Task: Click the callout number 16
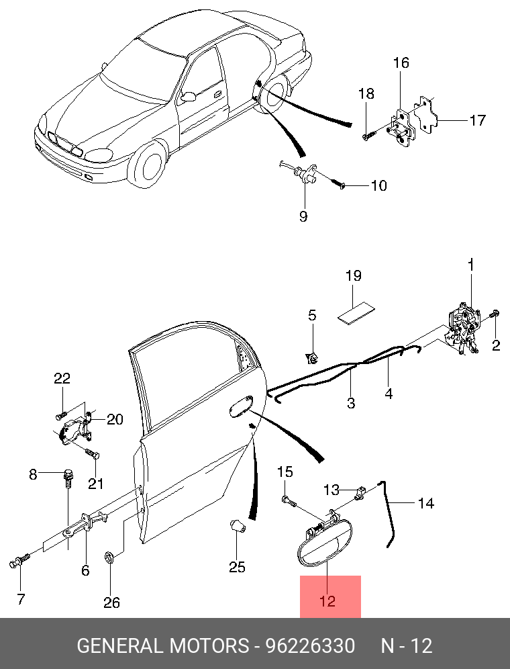(x=401, y=62)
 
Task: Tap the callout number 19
(x=354, y=275)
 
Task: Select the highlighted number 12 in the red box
(x=327, y=601)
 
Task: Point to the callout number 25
(x=237, y=567)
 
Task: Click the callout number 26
(x=111, y=602)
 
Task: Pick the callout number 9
(x=303, y=216)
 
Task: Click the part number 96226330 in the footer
(x=310, y=645)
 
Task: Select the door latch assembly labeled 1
(x=462, y=328)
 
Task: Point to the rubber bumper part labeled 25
(x=238, y=526)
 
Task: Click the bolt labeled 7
(x=19, y=561)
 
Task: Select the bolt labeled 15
(x=289, y=501)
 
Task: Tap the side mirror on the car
(x=188, y=97)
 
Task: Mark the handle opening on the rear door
(x=241, y=406)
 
